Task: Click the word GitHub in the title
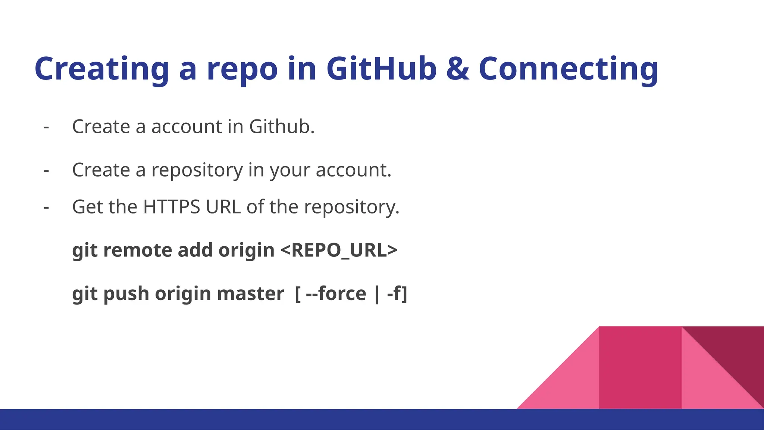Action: (x=381, y=69)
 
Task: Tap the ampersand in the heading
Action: (x=458, y=69)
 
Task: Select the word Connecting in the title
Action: (x=568, y=69)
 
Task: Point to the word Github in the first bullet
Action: (x=282, y=127)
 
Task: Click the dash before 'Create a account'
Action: (x=46, y=127)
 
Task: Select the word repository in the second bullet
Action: (x=197, y=170)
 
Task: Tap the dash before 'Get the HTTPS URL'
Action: (x=46, y=208)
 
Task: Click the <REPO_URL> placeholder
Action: (x=339, y=250)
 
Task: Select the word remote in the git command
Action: (x=137, y=250)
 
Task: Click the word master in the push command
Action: (x=250, y=294)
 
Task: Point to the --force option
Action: (x=336, y=294)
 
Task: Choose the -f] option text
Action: (x=397, y=294)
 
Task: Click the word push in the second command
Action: (x=126, y=294)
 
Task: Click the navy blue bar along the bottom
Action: (x=382, y=419)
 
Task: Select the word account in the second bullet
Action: (x=353, y=170)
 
